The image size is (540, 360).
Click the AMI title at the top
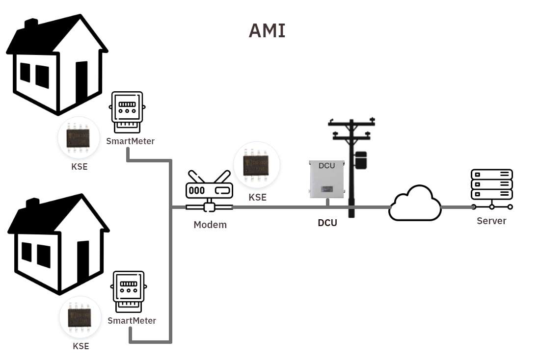tap(267, 31)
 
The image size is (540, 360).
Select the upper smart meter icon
tap(127, 112)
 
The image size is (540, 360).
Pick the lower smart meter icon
tap(129, 292)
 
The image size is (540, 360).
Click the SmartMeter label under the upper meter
tap(131, 141)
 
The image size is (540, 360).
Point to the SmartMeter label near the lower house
tap(132, 321)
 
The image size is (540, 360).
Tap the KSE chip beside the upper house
tap(79, 138)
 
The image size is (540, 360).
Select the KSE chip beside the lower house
tap(80, 317)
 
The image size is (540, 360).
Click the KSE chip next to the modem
tap(257, 165)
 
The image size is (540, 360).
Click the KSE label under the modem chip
tap(257, 198)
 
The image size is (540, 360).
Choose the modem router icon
tap(209, 190)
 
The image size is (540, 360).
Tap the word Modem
tap(210, 225)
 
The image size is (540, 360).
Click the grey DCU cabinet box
tap(326, 180)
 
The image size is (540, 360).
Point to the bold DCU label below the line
tap(327, 223)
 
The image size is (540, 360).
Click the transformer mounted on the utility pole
tap(361, 160)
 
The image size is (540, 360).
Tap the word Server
tap(491, 221)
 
